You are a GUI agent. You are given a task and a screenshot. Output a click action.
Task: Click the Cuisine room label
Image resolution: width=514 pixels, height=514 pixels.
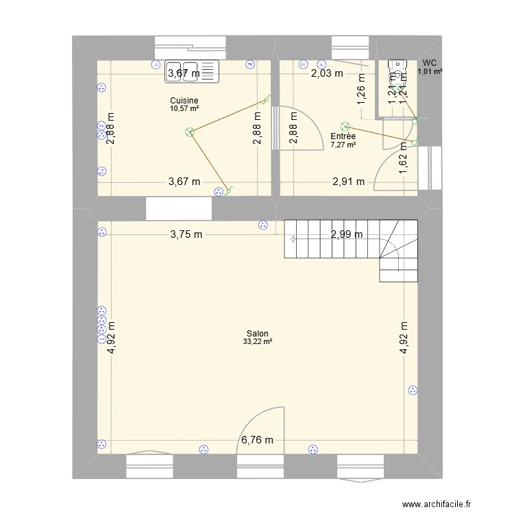[x=184, y=101]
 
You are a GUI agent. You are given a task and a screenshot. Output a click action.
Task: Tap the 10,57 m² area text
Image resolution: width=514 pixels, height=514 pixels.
[x=184, y=109]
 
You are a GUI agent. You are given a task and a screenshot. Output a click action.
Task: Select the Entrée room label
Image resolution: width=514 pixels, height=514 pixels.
[x=343, y=136]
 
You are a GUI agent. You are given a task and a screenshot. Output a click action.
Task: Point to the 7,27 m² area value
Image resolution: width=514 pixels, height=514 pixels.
[x=343, y=145]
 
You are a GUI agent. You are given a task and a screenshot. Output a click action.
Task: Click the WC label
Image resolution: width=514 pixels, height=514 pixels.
[x=430, y=63]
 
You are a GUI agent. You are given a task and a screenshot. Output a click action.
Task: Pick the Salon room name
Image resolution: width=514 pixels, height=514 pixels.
[x=258, y=334]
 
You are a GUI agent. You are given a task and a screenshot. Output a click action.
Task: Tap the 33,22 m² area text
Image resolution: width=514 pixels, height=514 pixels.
[x=258, y=342]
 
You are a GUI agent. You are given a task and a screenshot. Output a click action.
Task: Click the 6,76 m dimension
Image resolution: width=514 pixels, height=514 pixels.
[x=256, y=441]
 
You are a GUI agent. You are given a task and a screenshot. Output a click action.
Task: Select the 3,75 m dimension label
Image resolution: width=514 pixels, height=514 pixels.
[x=186, y=234]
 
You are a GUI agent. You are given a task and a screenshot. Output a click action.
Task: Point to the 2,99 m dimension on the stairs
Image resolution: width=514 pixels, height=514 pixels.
[x=347, y=234]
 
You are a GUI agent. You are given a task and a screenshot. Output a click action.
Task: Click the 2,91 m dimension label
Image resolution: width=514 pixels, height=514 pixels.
[x=349, y=182]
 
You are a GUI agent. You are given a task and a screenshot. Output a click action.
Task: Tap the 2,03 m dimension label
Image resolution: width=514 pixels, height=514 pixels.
[x=327, y=74]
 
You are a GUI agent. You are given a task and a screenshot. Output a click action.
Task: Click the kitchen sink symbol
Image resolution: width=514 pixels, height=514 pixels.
[x=191, y=71]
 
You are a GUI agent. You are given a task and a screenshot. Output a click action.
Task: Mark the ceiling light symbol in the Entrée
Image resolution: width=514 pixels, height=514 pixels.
[x=345, y=127]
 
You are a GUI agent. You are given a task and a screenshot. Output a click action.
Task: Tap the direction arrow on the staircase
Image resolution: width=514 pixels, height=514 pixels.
[x=293, y=239]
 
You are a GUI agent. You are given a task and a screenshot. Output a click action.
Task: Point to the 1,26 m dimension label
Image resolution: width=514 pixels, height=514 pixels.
[x=361, y=90]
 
